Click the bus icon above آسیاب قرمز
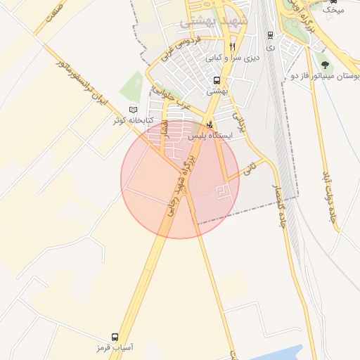115,337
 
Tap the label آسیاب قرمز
115,348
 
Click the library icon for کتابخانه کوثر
134,110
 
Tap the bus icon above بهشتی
217,81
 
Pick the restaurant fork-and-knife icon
232,47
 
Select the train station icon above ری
270,34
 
